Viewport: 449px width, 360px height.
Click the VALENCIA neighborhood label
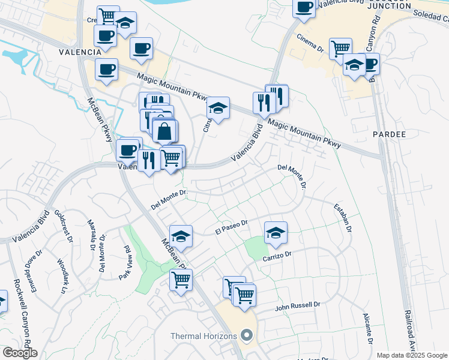coord(79,52)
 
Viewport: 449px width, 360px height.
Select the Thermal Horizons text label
coord(203,336)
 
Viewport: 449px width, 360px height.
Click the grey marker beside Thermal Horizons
coord(246,336)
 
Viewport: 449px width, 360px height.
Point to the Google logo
coord(20,353)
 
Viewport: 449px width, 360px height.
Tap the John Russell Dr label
coord(298,307)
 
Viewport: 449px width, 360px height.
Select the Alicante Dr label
coord(367,329)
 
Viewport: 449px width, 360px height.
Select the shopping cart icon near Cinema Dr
coord(340,47)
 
